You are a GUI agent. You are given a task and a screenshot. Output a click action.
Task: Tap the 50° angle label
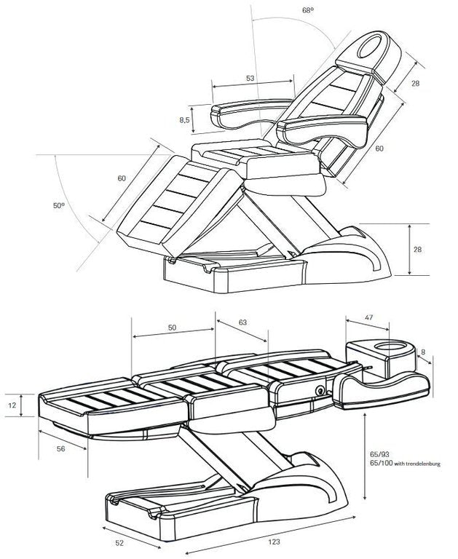(x=59, y=207)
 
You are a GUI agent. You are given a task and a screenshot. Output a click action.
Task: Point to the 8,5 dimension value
(x=185, y=119)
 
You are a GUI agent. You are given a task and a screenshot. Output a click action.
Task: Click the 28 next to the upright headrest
(x=415, y=83)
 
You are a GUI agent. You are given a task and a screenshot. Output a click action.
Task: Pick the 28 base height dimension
(x=418, y=250)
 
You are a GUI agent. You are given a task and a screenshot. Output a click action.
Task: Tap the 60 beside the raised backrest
(x=379, y=148)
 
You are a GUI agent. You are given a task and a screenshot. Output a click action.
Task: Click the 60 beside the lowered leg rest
(x=122, y=178)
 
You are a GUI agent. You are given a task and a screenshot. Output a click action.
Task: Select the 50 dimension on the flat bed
(x=172, y=328)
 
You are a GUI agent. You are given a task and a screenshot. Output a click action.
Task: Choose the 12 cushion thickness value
(x=12, y=405)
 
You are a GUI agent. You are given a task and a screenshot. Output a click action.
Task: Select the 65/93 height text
(x=382, y=453)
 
